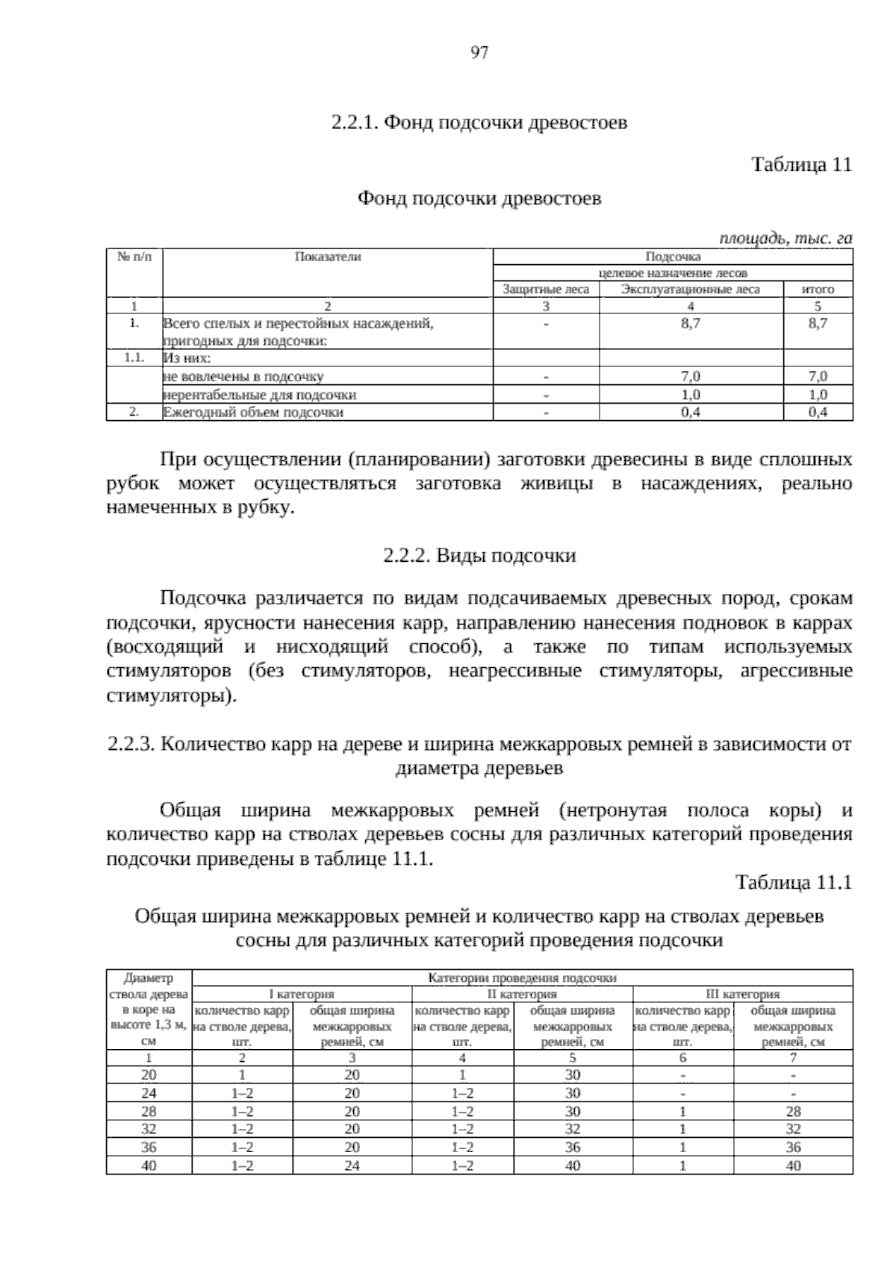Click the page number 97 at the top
pos(479,52)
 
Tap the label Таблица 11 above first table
pos(801,164)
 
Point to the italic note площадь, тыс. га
pos(785,238)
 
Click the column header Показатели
pos(328,257)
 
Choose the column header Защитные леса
pos(546,290)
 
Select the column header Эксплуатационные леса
pos(691,290)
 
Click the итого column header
pos(818,290)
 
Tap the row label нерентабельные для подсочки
pos(259,395)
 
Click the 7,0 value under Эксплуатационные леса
pos(691,377)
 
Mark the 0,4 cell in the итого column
pos(818,412)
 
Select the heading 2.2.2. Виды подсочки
pos(479,556)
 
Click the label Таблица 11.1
pos(794,883)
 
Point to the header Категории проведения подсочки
pos(522,977)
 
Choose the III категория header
pos(743,994)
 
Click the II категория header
pos(522,994)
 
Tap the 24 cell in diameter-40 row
pos(352,1165)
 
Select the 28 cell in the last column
pos(793,1111)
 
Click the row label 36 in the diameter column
pos(149,1147)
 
